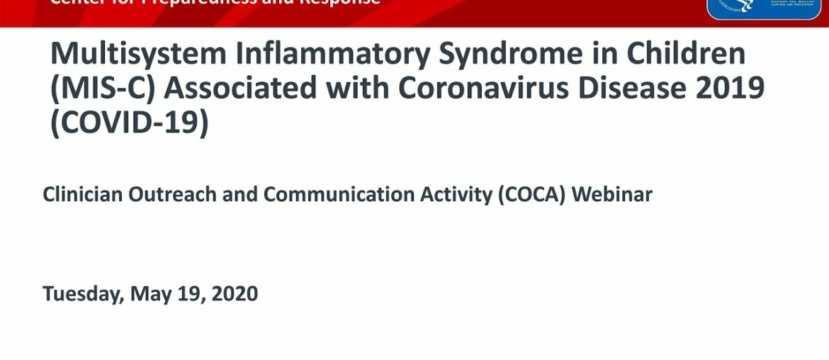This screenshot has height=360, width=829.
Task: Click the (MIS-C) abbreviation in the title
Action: pyautogui.click(x=99, y=89)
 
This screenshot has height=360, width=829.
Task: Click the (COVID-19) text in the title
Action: pyautogui.click(x=129, y=123)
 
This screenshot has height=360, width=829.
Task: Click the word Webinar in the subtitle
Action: pyautogui.click(x=612, y=194)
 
